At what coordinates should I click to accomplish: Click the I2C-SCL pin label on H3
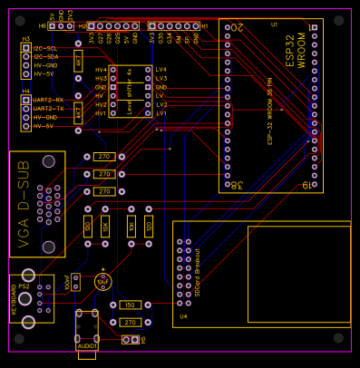pyautogui.click(x=44, y=48)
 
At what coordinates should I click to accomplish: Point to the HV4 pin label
pyautogui.click(x=101, y=70)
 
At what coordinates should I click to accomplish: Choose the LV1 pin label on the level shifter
pyautogui.click(x=161, y=113)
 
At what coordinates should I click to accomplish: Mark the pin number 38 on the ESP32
pyautogui.click(x=236, y=185)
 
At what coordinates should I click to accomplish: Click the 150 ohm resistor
pyautogui.click(x=129, y=305)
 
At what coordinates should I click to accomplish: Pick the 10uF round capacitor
pyautogui.click(x=102, y=282)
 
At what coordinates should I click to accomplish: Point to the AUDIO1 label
pyautogui.click(x=87, y=345)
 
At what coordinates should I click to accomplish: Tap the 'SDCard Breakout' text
pyautogui.click(x=197, y=268)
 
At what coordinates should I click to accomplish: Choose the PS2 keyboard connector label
pyautogui.click(x=23, y=286)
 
